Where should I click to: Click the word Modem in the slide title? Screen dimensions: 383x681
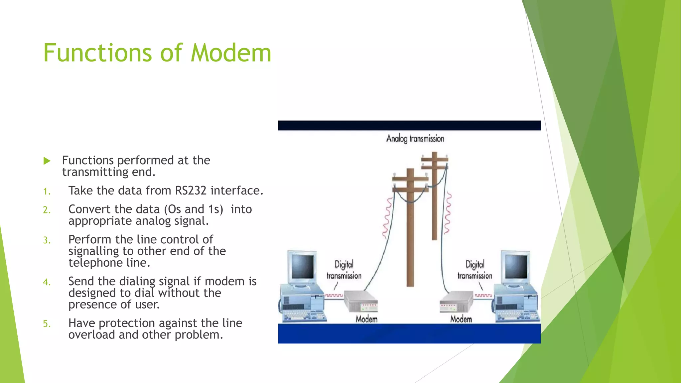click(231, 53)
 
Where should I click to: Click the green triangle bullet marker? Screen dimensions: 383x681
click(47, 161)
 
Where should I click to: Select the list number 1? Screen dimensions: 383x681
click(47, 191)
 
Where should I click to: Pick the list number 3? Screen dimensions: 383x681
click(47, 240)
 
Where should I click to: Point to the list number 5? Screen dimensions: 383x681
click(47, 324)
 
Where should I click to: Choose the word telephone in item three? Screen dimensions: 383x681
click(96, 263)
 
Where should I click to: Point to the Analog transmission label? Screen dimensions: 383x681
click(415, 139)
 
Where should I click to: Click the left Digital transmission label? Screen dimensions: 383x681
click(344, 270)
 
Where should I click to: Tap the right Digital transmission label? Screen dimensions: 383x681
click(475, 270)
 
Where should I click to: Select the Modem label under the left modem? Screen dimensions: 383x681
click(366, 319)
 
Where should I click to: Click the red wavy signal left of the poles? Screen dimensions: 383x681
click(387, 218)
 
